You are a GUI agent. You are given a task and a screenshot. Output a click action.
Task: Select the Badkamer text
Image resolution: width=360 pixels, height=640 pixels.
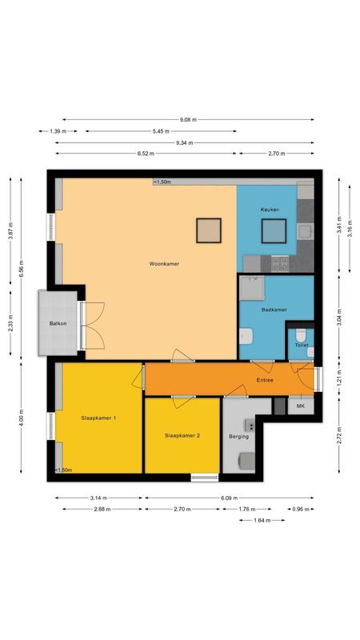[x=274, y=309]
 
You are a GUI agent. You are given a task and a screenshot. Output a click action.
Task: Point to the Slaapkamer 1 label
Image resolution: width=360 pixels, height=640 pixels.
[x=99, y=418]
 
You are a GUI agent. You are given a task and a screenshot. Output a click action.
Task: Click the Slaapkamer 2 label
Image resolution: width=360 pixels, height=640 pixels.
[x=182, y=435]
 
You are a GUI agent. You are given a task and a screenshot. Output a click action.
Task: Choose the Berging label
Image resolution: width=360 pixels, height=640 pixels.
[x=238, y=437]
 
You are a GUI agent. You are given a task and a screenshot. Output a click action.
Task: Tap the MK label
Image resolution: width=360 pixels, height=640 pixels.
[x=300, y=406]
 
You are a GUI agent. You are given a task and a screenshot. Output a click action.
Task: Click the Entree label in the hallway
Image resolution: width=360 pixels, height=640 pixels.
[x=265, y=380]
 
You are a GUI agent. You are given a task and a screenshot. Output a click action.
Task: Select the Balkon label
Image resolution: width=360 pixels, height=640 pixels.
[x=58, y=324]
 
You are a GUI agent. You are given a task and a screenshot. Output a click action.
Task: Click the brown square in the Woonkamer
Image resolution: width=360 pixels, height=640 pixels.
[x=210, y=231]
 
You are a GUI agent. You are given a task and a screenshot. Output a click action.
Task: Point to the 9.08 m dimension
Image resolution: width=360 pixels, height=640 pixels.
[x=188, y=119]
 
